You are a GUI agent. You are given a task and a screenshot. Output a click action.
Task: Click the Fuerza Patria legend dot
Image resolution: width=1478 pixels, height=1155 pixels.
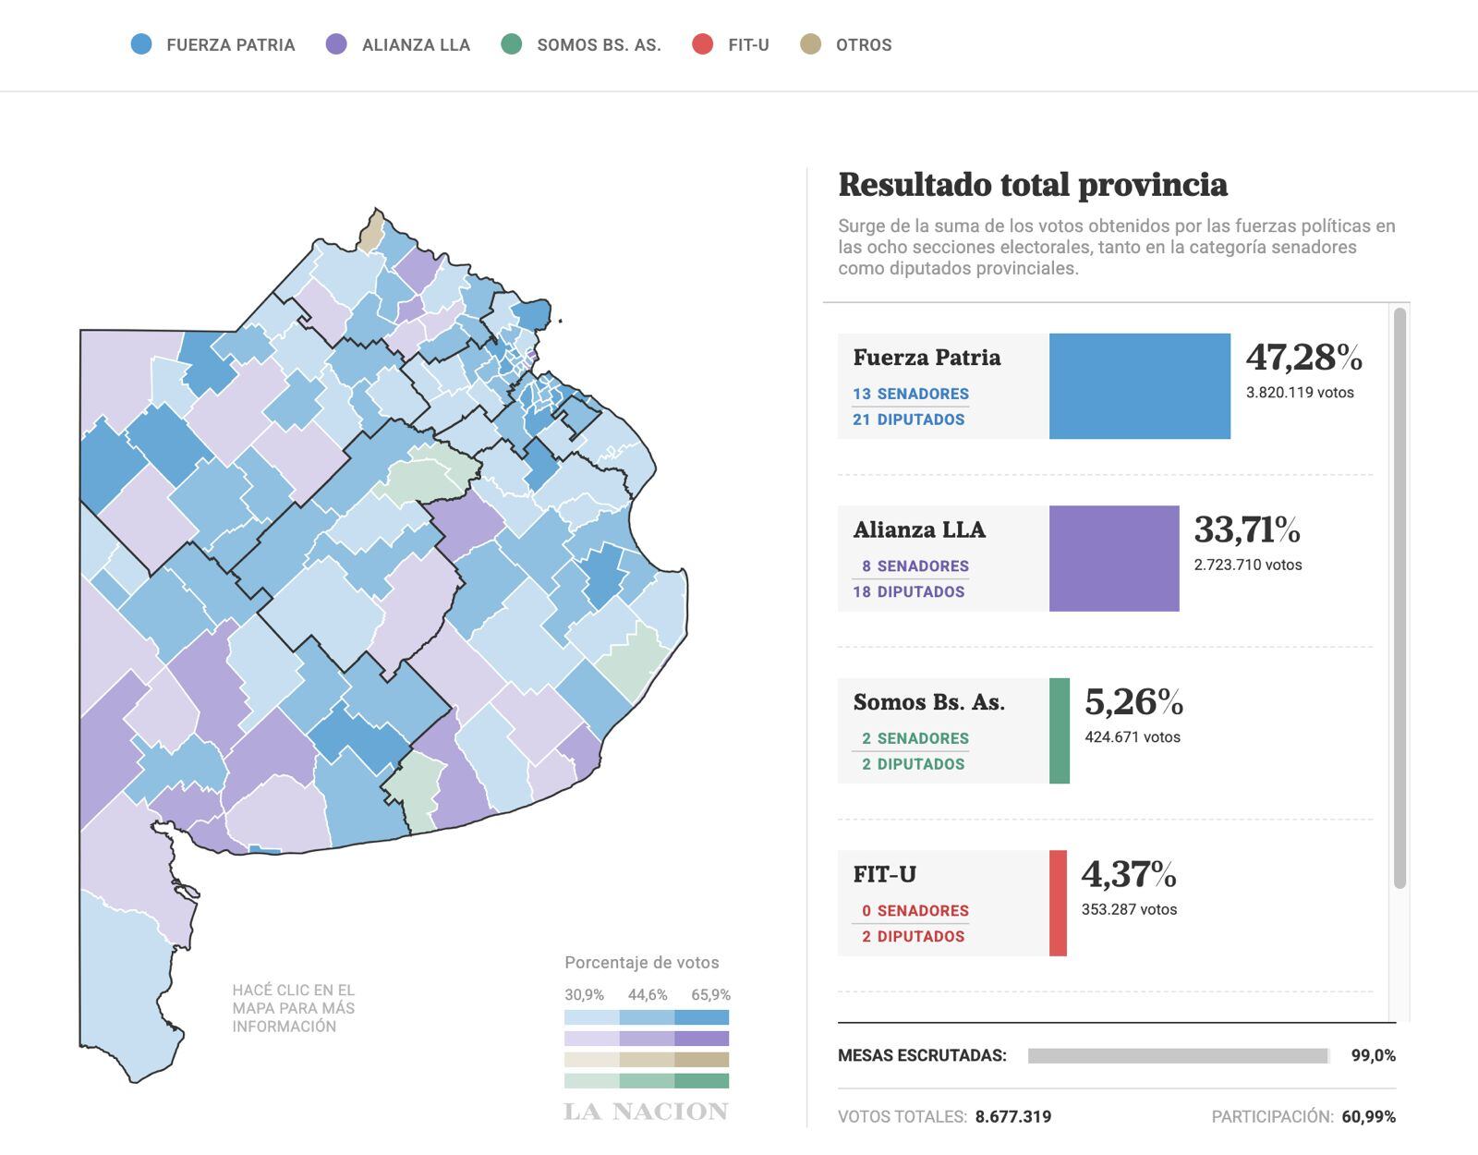point(141,44)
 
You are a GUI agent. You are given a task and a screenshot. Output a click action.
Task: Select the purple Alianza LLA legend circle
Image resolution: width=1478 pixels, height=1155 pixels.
point(336,44)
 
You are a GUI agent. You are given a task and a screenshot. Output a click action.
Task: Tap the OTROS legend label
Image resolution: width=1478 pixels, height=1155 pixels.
point(863,45)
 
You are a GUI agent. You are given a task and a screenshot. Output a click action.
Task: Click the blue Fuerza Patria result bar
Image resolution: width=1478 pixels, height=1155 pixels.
point(1139,386)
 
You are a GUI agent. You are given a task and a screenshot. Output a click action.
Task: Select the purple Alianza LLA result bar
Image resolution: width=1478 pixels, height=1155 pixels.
point(1113,558)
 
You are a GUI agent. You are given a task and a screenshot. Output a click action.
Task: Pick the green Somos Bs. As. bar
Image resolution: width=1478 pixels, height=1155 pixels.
point(1060,731)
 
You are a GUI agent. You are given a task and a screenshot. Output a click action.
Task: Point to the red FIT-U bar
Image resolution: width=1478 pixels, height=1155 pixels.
point(1058,903)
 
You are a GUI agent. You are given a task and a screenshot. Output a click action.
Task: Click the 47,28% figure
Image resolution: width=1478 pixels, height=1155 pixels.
point(1303,358)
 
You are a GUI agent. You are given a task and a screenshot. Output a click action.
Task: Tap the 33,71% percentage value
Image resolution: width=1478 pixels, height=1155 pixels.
point(1246,530)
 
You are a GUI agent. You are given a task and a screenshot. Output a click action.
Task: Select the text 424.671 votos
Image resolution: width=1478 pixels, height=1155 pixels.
point(1132,737)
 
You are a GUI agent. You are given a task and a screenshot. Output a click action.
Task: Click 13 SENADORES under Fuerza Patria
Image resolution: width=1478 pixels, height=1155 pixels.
point(910,394)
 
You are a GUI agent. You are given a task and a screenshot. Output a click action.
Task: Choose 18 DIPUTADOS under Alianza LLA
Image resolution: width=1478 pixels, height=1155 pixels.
point(908,591)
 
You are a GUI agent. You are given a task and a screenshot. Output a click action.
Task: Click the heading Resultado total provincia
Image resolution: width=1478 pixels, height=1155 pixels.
point(1032,185)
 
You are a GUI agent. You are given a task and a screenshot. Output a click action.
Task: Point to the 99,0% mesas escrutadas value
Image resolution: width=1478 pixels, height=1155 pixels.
point(1373,1055)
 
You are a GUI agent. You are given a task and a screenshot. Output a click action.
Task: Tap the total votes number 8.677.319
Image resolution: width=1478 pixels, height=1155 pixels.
point(1012,1116)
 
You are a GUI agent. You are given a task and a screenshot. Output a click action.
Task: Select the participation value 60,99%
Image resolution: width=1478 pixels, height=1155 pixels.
point(1368,1116)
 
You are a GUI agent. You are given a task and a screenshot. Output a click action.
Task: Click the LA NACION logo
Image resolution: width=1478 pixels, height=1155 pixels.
point(646,1112)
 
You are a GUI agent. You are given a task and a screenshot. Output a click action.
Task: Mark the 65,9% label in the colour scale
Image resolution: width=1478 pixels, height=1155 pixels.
point(710,995)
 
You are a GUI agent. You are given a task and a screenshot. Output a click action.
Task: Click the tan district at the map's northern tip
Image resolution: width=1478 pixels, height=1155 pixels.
point(371,232)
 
